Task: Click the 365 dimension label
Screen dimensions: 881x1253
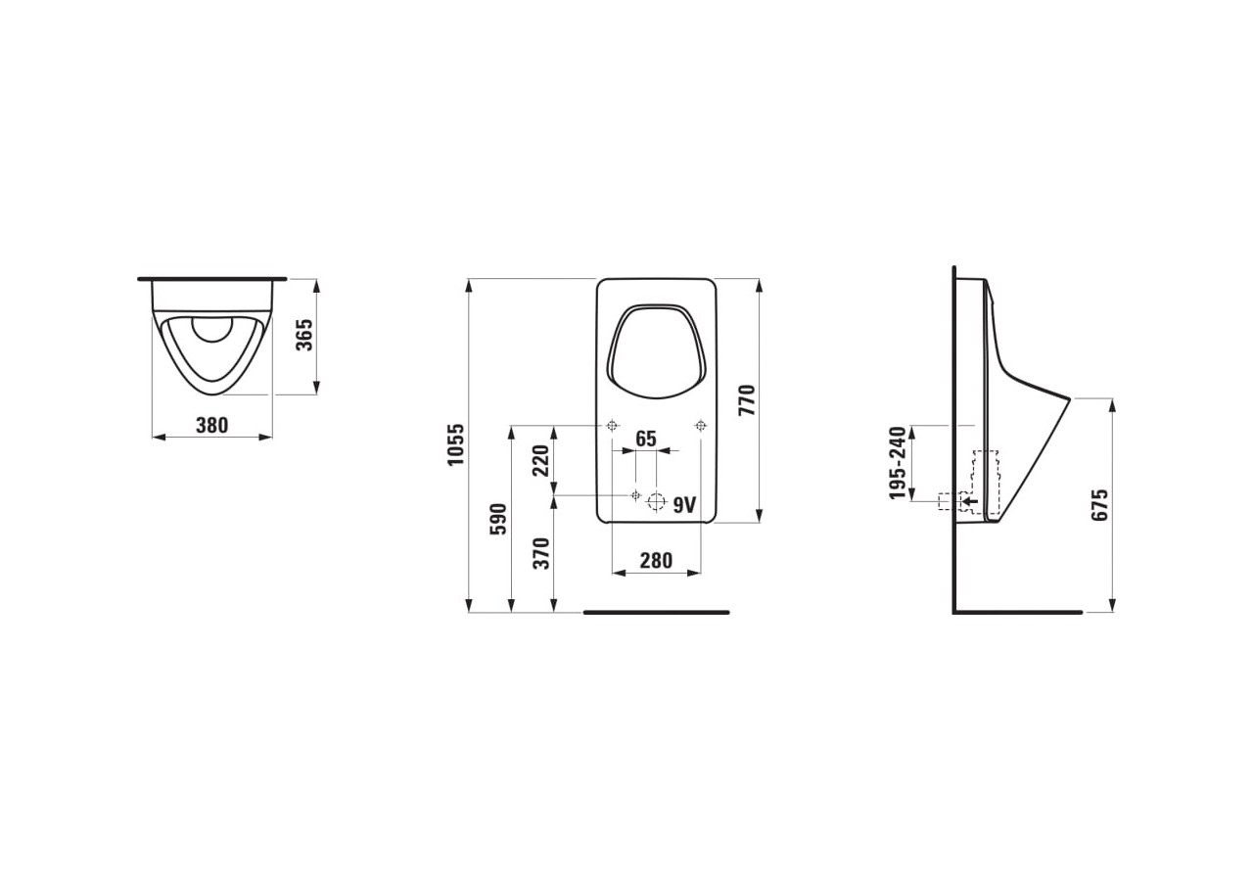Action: (x=304, y=336)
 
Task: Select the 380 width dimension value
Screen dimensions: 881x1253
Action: (x=211, y=425)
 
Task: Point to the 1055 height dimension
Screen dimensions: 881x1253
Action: (x=455, y=444)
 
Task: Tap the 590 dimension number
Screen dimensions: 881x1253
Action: (x=497, y=519)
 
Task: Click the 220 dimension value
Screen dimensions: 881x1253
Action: (x=540, y=459)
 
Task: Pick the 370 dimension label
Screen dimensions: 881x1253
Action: (x=540, y=553)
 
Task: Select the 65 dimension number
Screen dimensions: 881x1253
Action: (x=645, y=439)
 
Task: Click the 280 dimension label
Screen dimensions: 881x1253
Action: (x=656, y=560)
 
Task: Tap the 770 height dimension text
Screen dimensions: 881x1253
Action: (x=746, y=400)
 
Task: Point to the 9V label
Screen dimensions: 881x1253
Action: (x=684, y=504)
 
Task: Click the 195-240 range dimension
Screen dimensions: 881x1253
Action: (x=898, y=462)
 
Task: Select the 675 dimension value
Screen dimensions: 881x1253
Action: (x=1100, y=504)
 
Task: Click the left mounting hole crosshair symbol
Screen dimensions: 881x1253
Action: (x=612, y=425)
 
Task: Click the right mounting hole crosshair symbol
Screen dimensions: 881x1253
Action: (x=700, y=425)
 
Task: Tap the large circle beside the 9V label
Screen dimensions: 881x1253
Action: (x=656, y=503)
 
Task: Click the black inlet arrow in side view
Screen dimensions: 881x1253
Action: (x=968, y=500)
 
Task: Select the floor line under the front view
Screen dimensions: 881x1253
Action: (x=656, y=612)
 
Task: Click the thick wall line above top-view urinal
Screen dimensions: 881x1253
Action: (x=211, y=279)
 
